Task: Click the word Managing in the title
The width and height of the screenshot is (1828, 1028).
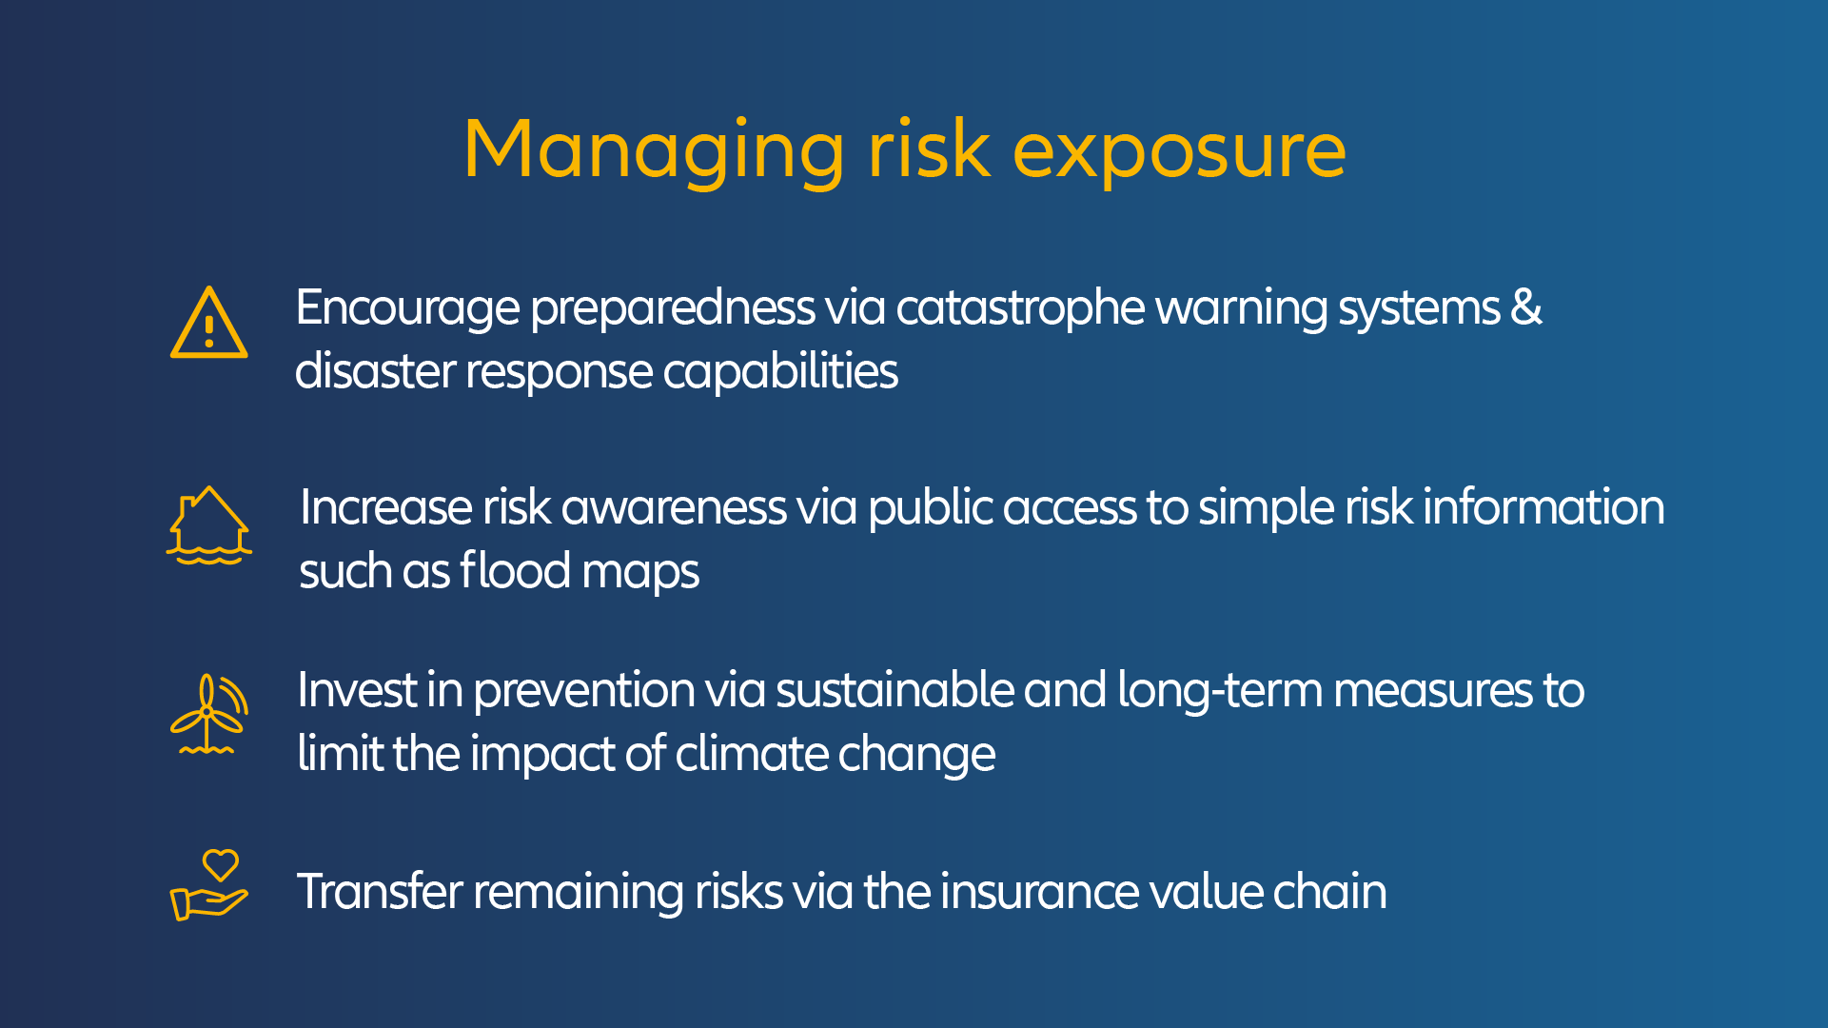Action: pyautogui.click(x=654, y=151)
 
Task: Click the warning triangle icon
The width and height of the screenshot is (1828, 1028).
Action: pyautogui.click(x=209, y=323)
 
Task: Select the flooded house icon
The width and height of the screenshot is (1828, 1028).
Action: pyautogui.click(x=209, y=525)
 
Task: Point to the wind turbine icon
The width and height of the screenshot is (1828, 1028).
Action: pyautogui.click(x=209, y=715)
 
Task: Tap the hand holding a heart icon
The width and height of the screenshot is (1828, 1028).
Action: pyautogui.click(x=209, y=885)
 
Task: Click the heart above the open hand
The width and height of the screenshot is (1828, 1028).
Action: pyautogui.click(x=221, y=865)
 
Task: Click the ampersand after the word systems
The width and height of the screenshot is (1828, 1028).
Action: pyautogui.click(x=1526, y=307)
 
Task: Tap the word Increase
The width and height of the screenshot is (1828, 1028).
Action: pyautogui.click(x=386, y=507)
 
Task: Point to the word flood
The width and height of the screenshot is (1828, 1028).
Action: pyautogui.click(x=515, y=570)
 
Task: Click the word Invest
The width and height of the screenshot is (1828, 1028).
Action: pyautogui.click(x=357, y=690)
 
